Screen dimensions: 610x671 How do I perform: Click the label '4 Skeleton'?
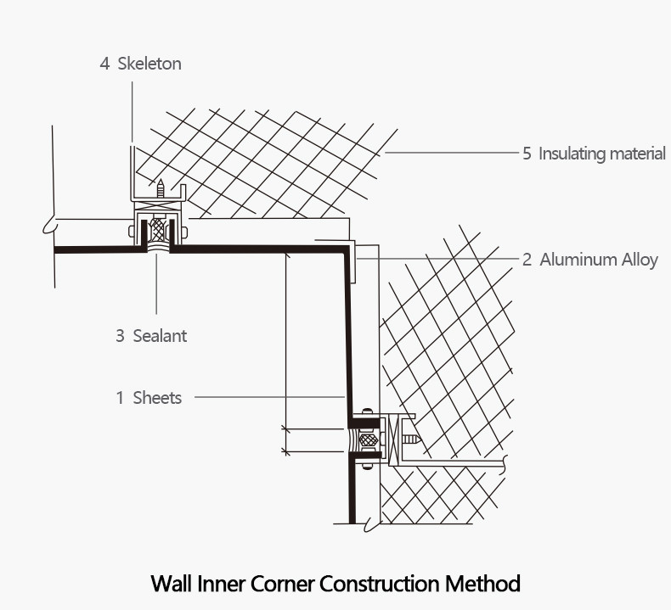tap(140, 64)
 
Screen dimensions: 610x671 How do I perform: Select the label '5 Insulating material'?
tap(594, 154)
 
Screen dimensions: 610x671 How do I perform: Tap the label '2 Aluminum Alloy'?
tap(589, 260)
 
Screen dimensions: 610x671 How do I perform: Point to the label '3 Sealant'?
tap(150, 336)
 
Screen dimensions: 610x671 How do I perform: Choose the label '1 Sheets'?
tap(149, 397)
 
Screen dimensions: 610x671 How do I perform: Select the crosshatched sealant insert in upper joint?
tap(157, 229)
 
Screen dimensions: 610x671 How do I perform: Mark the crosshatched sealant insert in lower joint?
tap(368, 440)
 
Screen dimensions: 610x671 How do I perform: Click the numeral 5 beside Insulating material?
tap(527, 154)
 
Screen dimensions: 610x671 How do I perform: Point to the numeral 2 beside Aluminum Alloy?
tap(527, 260)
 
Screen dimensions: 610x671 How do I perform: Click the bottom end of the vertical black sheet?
tap(352, 518)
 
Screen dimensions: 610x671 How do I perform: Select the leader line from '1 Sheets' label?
tap(272, 397)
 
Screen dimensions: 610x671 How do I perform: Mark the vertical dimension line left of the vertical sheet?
tap(286, 339)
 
